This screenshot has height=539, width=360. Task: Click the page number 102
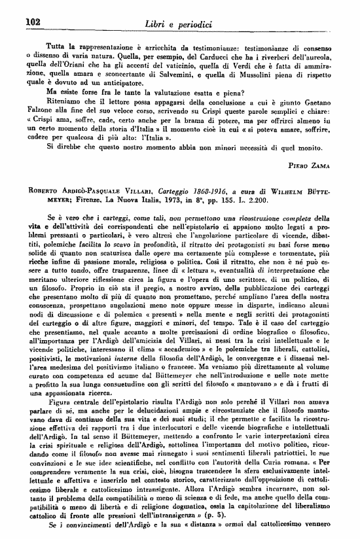click(x=33, y=21)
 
